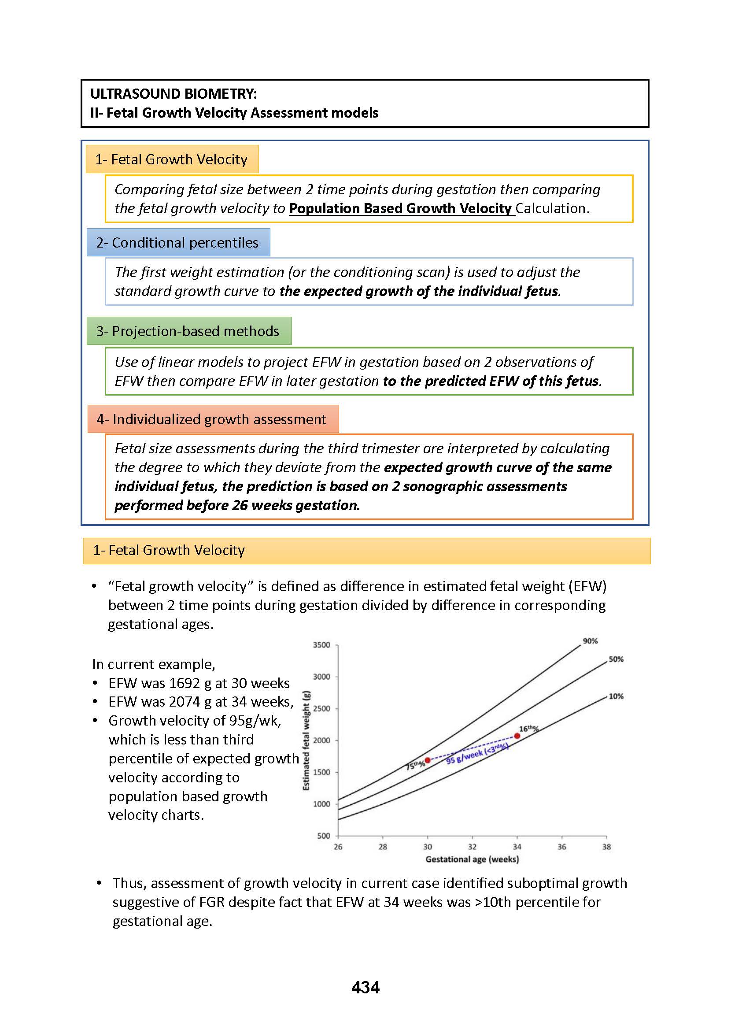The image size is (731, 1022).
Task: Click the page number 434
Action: click(x=365, y=987)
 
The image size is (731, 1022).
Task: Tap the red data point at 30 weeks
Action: click(x=428, y=760)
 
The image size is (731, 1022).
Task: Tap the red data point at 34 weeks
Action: click(x=517, y=736)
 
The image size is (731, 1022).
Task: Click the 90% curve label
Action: click(x=590, y=641)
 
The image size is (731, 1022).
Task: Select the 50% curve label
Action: click(x=616, y=659)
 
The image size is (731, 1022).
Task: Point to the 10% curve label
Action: click(x=616, y=696)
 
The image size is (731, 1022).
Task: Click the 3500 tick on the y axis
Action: click(x=321, y=645)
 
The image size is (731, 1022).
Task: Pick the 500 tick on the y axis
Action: click(x=324, y=836)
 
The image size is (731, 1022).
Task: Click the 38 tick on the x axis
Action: click(x=606, y=847)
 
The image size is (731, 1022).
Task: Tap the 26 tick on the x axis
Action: click(x=338, y=847)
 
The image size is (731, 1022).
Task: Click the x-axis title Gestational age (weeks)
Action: click(x=472, y=859)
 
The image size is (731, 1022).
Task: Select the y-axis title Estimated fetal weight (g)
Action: click(x=306, y=740)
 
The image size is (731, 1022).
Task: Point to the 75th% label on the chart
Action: click(x=415, y=765)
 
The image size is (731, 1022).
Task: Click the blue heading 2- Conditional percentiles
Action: click(x=177, y=242)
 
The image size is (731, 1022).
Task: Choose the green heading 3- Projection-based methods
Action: click(x=188, y=331)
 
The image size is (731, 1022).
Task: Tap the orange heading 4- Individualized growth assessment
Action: click(x=211, y=419)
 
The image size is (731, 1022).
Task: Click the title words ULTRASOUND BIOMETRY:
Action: click(x=174, y=94)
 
